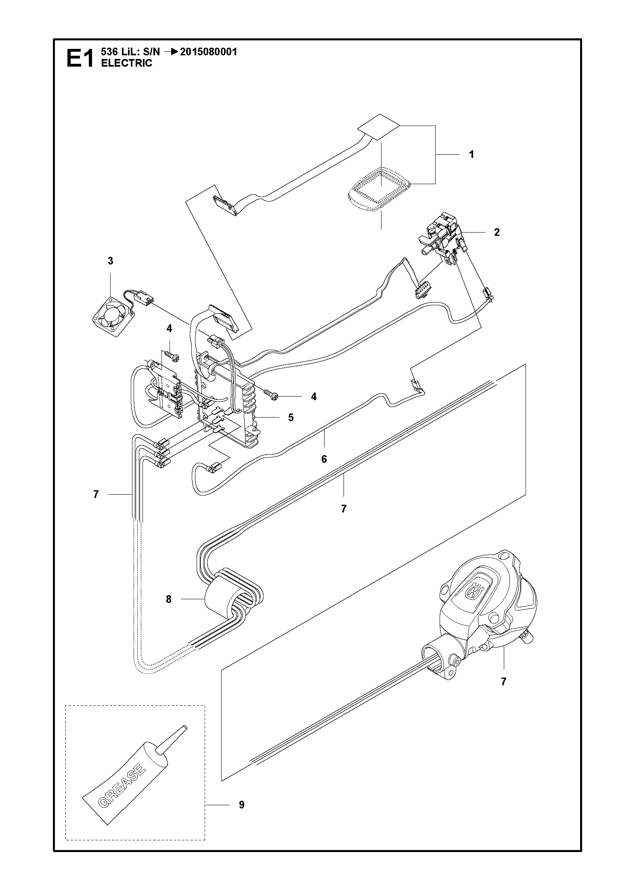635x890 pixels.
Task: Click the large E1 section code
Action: pyautogui.click(x=80, y=58)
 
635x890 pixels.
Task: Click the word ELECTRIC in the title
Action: pyautogui.click(x=126, y=63)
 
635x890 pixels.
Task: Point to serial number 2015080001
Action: pyautogui.click(x=209, y=52)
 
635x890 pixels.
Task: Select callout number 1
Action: pyautogui.click(x=471, y=154)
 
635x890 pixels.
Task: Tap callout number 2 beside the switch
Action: pyautogui.click(x=497, y=232)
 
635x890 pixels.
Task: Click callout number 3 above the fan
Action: pyautogui.click(x=111, y=261)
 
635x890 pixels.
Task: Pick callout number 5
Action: pyautogui.click(x=291, y=418)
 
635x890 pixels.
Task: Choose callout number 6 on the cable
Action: pyautogui.click(x=324, y=459)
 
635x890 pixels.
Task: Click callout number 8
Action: pyautogui.click(x=168, y=600)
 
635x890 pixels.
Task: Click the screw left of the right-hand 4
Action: pyautogui.click(x=270, y=395)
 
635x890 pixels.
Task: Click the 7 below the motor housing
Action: pyautogui.click(x=503, y=682)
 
